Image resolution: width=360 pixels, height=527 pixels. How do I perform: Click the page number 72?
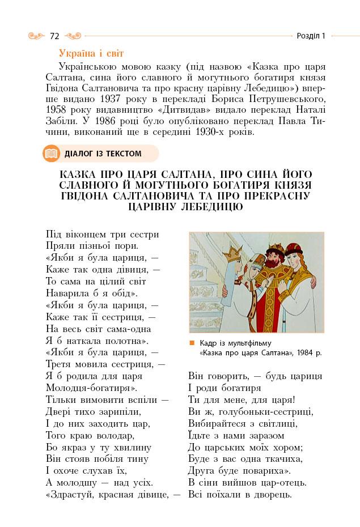(x=54, y=36)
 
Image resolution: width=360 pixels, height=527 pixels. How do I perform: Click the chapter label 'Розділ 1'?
(x=311, y=36)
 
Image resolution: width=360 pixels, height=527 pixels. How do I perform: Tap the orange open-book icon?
(x=51, y=154)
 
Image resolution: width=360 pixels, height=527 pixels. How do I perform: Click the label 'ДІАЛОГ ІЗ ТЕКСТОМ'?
(x=103, y=154)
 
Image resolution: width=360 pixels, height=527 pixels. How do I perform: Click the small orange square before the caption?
(x=192, y=343)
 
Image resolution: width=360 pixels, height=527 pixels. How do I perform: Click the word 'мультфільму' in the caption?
(x=249, y=343)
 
